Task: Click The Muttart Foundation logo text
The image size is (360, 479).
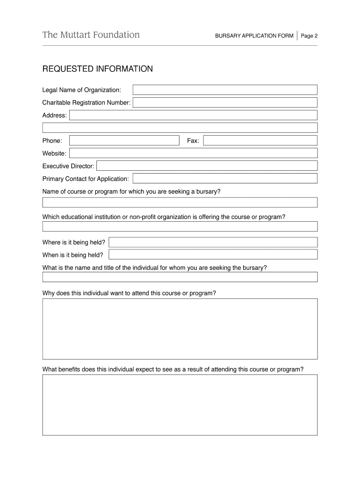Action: pyautogui.click(x=91, y=35)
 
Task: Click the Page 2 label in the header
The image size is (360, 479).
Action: pyautogui.click(x=309, y=36)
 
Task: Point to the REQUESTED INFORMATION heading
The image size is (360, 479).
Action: pyautogui.click(x=97, y=69)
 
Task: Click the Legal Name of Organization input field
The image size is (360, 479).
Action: pyautogui.click(x=225, y=90)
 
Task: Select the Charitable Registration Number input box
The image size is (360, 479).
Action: pyautogui.click(x=225, y=102)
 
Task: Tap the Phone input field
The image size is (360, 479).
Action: pyautogui.click(x=124, y=140)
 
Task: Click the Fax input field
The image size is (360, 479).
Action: pyautogui.click(x=260, y=140)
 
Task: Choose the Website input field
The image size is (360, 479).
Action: pyautogui.click(x=194, y=153)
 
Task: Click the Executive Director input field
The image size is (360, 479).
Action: pyautogui.click(x=207, y=166)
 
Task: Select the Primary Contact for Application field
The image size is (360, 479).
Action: pyautogui.click(x=225, y=178)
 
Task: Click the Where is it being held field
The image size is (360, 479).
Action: pyautogui.click(x=213, y=242)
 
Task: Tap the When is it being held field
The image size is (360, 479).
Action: pyautogui.click(x=213, y=254)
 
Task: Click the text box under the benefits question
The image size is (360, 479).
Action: pyautogui.click(x=180, y=405)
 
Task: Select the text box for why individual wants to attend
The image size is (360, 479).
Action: pyautogui.click(x=180, y=329)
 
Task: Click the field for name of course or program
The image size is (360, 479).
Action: pyautogui.click(x=180, y=202)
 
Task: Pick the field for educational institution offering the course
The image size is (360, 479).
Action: pyautogui.click(x=180, y=226)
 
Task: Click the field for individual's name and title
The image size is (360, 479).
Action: pyautogui.click(x=180, y=277)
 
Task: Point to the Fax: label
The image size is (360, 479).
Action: pyautogui.click(x=193, y=141)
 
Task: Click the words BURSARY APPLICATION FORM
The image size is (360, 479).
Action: pyautogui.click(x=254, y=36)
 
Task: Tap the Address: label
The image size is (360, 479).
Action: pyautogui.click(x=55, y=115)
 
